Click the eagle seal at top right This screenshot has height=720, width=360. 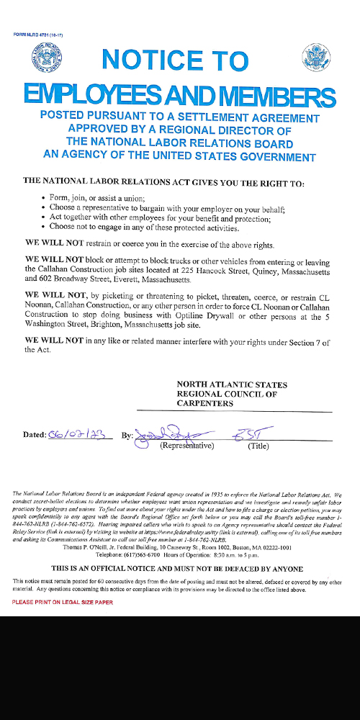(x=315, y=56)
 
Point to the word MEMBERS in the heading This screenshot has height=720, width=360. (x=279, y=94)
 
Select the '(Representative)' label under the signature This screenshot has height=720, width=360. (x=186, y=446)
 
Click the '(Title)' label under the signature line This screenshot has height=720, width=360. (x=258, y=446)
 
